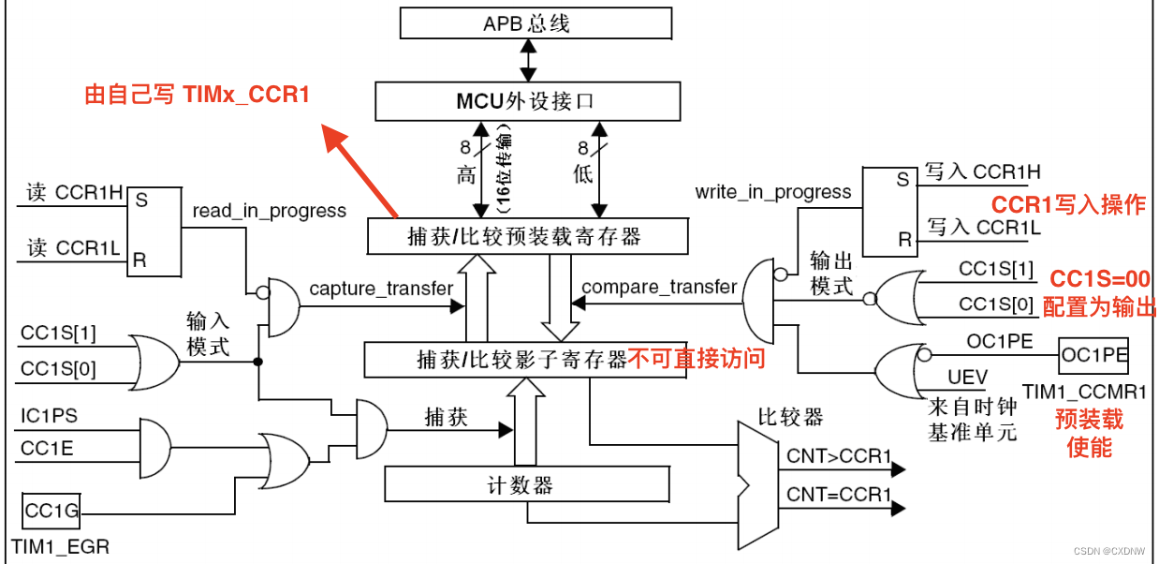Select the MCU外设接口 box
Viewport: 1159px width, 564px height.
tap(527, 100)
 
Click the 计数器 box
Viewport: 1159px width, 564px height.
tap(527, 484)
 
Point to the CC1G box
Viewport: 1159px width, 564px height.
tap(51, 512)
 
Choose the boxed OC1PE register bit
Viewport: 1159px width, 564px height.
tap(1093, 356)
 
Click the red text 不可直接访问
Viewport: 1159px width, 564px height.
tap(697, 359)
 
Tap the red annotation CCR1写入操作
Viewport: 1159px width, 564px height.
tap(1068, 205)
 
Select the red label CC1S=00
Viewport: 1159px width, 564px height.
tap(1099, 279)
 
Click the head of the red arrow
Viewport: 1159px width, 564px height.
tap(330, 137)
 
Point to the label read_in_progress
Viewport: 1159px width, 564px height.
tap(270, 211)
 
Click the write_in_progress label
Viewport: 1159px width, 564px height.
tap(773, 192)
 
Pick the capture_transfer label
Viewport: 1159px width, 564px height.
tap(381, 289)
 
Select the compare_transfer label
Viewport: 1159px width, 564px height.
tap(659, 287)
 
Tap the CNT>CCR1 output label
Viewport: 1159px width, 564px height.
tap(839, 456)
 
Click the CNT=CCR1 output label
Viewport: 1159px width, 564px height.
tap(839, 494)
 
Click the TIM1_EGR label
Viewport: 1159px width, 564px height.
tap(60, 546)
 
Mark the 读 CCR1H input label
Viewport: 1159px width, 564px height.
tap(75, 193)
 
